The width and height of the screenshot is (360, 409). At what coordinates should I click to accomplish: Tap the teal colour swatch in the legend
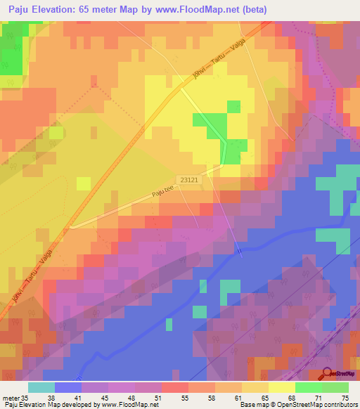coord(41,387)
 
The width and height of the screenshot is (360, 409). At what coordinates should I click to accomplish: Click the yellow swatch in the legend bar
coord(281,387)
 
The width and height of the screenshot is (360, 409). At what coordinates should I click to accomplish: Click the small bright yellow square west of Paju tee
coord(84,183)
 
